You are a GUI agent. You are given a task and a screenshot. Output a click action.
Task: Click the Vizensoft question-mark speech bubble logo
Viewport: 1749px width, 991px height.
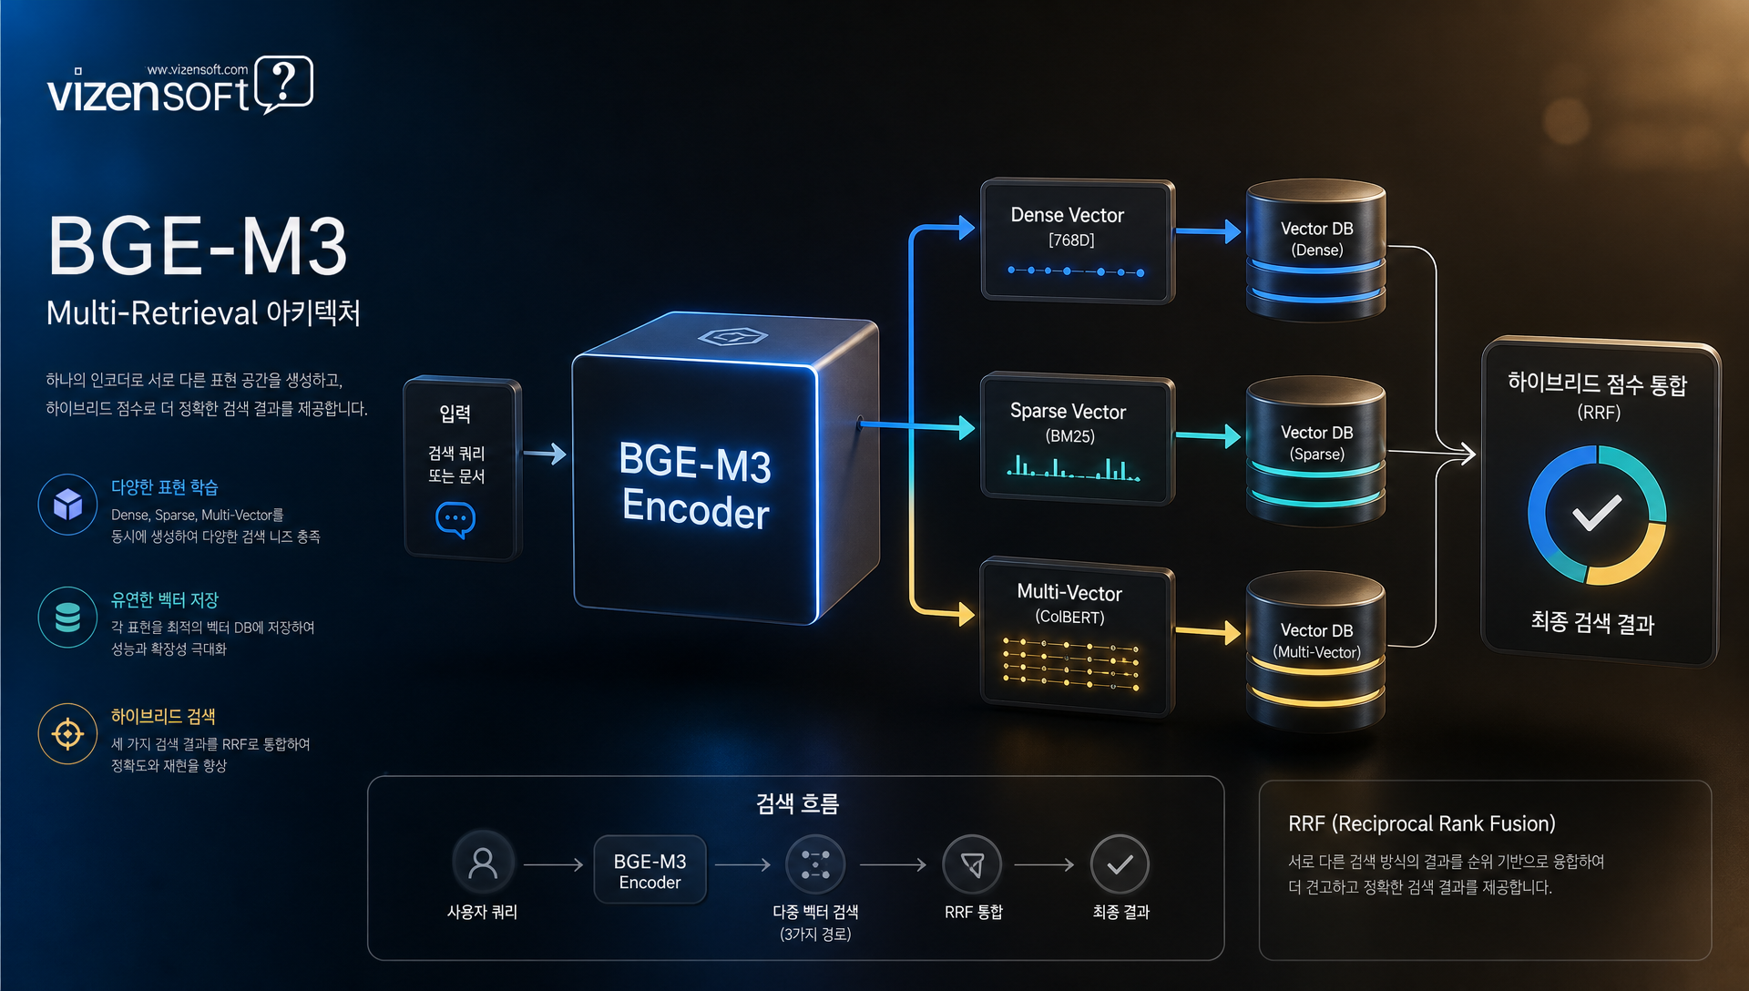pos(284,84)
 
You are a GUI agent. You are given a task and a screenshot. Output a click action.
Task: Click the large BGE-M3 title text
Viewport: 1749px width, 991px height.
pos(198,246)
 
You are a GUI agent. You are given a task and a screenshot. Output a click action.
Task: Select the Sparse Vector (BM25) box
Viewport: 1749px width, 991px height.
pos(1077,438)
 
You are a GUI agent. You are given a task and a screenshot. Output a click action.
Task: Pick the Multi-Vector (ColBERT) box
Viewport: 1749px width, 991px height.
pos(1077,636)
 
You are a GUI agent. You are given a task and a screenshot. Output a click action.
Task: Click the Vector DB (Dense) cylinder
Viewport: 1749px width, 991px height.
pos(1316,250)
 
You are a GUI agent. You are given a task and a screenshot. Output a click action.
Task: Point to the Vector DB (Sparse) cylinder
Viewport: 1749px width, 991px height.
pos(1316,451)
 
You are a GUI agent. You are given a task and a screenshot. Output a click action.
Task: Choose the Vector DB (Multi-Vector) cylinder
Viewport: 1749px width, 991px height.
pos(1316,650)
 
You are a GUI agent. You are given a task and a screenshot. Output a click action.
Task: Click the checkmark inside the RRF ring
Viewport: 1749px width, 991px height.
pos(1597,513)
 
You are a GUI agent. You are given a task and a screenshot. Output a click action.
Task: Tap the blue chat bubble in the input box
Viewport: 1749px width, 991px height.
pos(455,519)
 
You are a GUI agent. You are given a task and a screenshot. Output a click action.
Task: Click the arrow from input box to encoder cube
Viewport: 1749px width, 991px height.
pos(545,454)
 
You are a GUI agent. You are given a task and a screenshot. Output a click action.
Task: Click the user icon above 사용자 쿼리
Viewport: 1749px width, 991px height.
pos(483,863)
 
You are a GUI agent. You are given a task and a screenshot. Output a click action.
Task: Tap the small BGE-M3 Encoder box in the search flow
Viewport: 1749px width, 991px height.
pos(649,871)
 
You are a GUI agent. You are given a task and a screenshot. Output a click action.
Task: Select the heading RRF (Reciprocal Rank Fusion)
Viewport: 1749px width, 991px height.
pos(1422,824)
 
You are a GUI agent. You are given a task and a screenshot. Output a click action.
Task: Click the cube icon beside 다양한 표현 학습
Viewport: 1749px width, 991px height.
pos(68,504)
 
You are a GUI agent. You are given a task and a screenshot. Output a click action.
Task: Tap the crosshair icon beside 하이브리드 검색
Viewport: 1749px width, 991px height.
pos(68,733)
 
